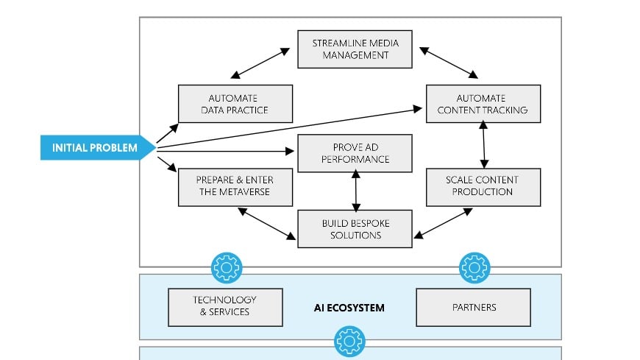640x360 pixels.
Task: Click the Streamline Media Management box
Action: (355, 49)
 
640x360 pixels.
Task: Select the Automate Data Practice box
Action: (235, 104)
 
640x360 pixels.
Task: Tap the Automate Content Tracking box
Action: (483, 104)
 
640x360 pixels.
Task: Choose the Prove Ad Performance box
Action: (355, 153)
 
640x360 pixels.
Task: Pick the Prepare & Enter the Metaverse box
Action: (235, 186)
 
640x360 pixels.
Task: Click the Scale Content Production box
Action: (483, 186)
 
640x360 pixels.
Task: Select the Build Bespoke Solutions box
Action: (355, 228)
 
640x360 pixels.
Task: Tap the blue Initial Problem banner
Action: (96, 148)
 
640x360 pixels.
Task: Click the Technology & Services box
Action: (225, 307)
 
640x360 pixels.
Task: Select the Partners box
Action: (473, 307)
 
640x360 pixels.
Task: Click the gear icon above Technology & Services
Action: (226, 268)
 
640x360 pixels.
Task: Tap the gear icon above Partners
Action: (474, 268)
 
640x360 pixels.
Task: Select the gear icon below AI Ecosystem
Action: (349, 342)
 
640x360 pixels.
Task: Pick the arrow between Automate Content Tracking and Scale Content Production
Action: (483, 145)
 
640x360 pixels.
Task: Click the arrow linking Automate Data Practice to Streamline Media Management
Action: (259, 63)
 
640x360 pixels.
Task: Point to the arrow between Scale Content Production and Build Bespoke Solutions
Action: (442, 222)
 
